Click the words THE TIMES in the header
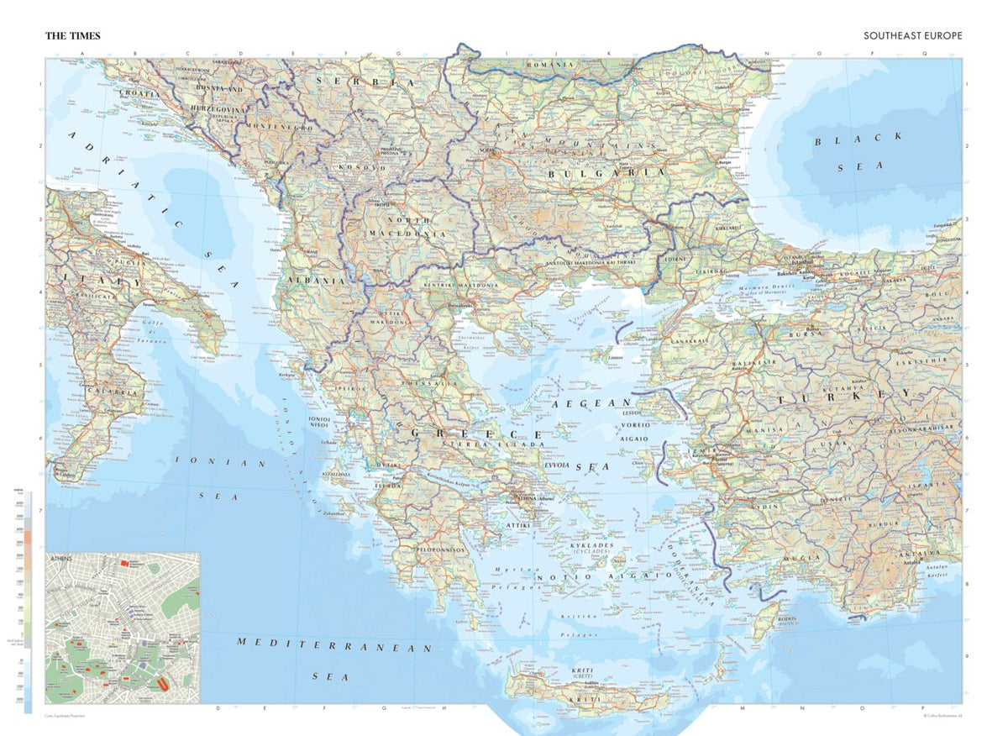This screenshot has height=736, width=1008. [x=73, y=36]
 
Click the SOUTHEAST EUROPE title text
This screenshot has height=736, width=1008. [x=912, y=36]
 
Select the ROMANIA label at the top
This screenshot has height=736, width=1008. [x=549, y=65]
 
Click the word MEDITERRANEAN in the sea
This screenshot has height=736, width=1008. [x=333, y=644]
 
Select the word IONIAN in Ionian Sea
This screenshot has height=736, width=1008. [x=221, y=463]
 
